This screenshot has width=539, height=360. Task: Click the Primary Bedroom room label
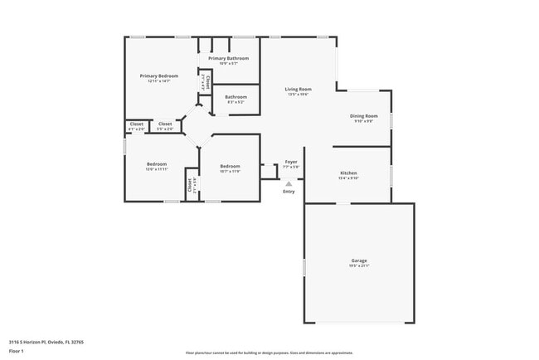(159, 75)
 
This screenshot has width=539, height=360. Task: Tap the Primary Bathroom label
(228, 58)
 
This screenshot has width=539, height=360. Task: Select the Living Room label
(298, 89)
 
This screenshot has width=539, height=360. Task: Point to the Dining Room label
(364, 116)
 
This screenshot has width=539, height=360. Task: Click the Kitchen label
(347, 173)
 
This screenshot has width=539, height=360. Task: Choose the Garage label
(358, 260)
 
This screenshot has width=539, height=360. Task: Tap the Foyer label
(291, 162)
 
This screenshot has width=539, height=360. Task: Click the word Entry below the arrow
(289, 192)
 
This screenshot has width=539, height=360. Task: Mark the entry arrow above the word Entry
(289, 182)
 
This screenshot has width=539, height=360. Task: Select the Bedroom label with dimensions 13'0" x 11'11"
(157, 163)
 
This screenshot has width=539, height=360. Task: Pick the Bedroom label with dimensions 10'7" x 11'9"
(230, 166)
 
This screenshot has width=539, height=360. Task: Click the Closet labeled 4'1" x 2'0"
(136, 124)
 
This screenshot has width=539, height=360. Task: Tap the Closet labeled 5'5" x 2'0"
(165, 124)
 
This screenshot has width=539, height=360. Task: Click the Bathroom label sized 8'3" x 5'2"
(236, 96)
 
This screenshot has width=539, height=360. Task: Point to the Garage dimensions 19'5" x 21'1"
(358, 266)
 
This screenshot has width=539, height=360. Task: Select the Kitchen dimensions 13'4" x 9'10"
(347, 178)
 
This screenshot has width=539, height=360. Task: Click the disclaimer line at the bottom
(269, 352)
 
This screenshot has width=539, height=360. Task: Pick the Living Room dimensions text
(298, 95)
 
